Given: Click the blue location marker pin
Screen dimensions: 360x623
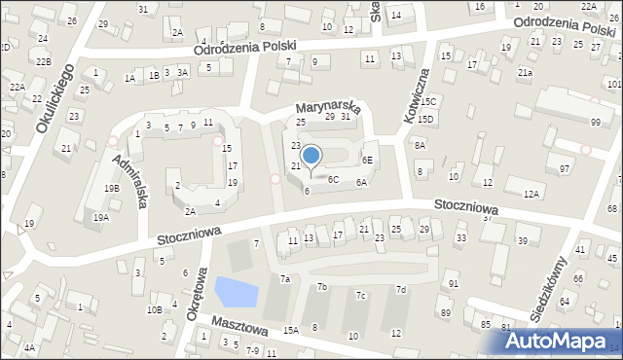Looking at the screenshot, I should click(311, 156).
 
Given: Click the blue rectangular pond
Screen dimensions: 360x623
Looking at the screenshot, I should click(232, 290).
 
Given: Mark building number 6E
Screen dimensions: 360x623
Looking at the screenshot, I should click(367, 160).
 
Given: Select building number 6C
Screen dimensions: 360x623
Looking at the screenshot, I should click(332, 179).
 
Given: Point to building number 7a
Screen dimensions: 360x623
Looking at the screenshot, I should click(285, 279).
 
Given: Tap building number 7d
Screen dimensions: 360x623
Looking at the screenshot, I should click(400, 290).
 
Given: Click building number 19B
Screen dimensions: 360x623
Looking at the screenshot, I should click(113, 189).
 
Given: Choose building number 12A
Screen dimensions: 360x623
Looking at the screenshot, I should click(531, 195).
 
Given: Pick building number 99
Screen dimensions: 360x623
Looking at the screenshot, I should click(595, 122).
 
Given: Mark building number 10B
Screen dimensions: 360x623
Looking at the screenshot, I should click(154, 309).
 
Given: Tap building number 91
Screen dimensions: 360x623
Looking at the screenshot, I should click(453, 283).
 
